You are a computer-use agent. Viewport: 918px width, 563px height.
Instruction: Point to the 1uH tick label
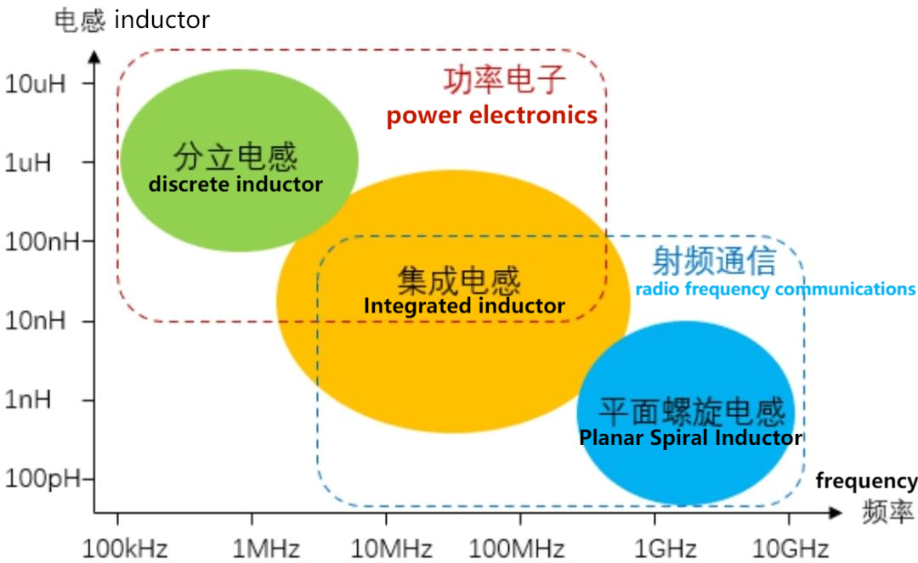pos(30,162)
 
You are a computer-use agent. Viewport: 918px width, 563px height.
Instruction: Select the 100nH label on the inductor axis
pos(42,242)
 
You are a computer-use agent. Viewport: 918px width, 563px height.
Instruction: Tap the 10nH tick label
pos(36,321)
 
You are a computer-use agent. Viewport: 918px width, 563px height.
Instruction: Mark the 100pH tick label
pos(42,479)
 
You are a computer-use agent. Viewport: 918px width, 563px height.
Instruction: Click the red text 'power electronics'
pos(491,115)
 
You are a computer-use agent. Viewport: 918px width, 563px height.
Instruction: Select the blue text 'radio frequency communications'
pos(775,289)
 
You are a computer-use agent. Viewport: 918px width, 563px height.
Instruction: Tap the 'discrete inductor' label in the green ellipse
pos(235,183)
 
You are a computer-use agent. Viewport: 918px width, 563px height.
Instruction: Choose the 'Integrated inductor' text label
pos(464,306)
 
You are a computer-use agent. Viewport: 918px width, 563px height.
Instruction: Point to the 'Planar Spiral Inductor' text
pos(690,438)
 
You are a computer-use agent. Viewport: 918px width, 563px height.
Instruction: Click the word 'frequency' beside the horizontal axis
pos(866,481)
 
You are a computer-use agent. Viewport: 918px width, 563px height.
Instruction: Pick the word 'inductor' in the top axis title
pos(161,20)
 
